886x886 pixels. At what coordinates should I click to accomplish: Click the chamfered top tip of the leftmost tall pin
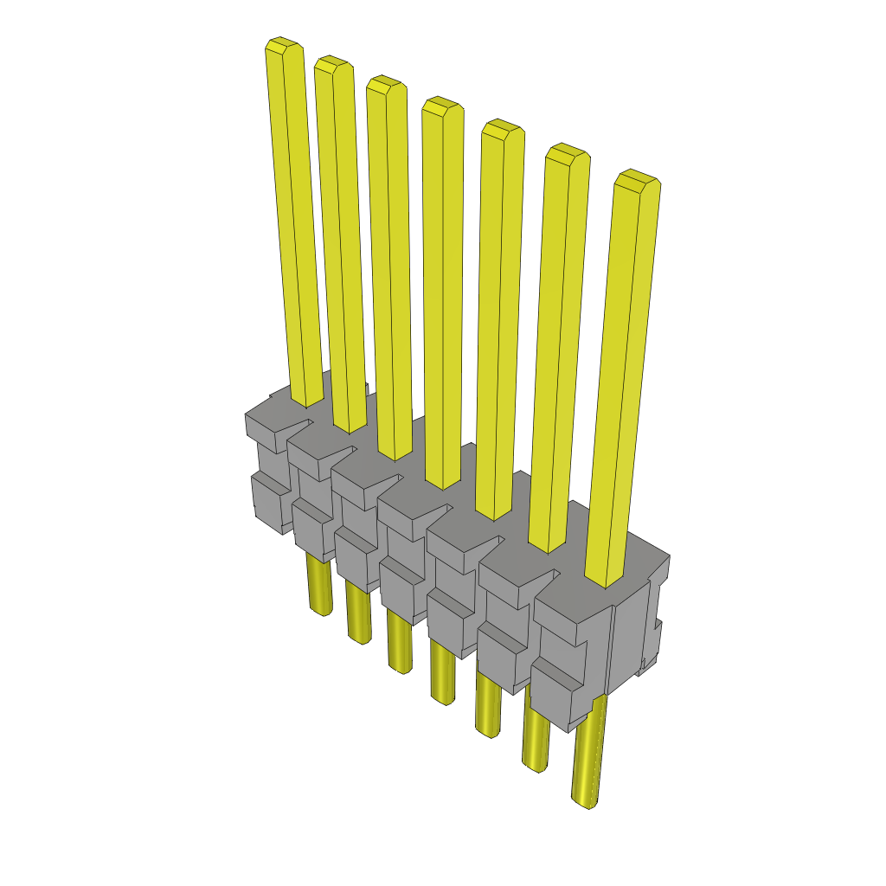(283, 46)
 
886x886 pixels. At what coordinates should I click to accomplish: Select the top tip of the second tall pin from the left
(333, 65)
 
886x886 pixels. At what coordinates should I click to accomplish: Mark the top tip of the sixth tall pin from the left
(567, 153)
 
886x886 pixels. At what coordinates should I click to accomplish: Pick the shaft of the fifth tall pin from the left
(499, 320)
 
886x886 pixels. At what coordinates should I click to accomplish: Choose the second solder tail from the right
(536, 735)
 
